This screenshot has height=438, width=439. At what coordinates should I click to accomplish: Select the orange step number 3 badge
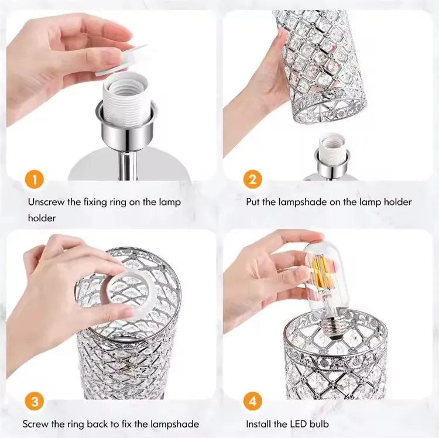pos(36,402)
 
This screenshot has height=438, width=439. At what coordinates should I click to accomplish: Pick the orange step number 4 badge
pos(252,402)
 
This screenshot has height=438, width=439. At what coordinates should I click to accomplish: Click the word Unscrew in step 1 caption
pos(47,202)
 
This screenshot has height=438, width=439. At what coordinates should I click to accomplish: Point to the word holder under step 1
pos(42,217)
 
